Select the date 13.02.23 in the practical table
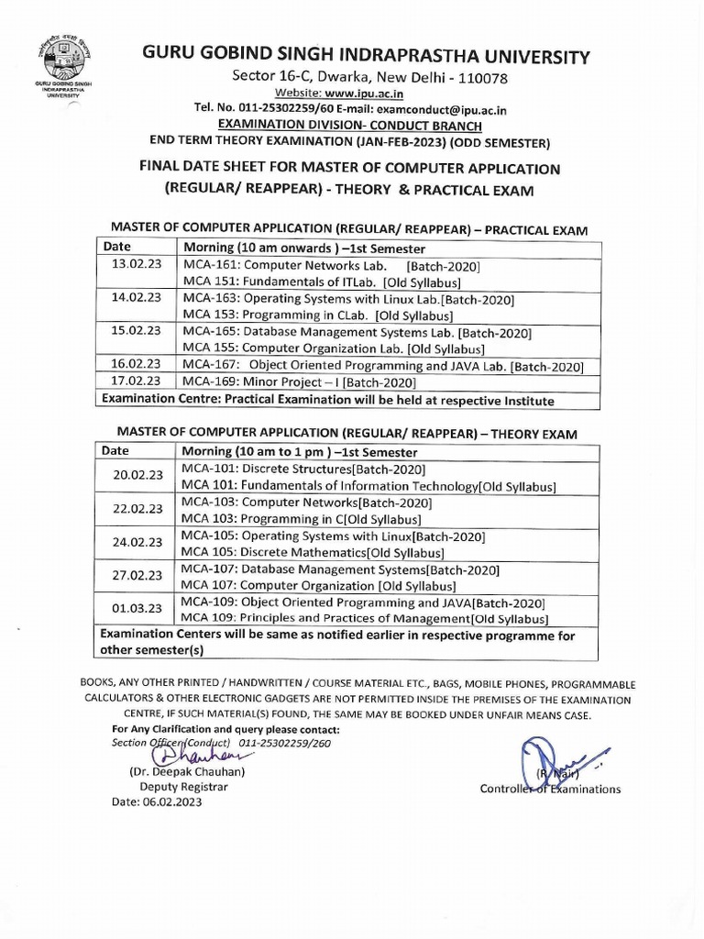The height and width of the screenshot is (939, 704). [x=136, y=265]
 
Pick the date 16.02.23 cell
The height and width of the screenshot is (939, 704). [x=136, y=365]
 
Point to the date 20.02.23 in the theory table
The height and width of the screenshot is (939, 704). [x=137, y=477]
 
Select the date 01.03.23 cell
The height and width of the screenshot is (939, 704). [x=137, y=609]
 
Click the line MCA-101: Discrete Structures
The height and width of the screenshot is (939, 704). [x=303, y=469]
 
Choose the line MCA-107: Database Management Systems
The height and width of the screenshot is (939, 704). [x=340, y=569]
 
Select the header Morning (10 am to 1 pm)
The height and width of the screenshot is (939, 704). [x=301, y=452]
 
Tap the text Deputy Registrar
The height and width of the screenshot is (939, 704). [x=183, y=786]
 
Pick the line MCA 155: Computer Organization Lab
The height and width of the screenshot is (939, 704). [x=333, y=348]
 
